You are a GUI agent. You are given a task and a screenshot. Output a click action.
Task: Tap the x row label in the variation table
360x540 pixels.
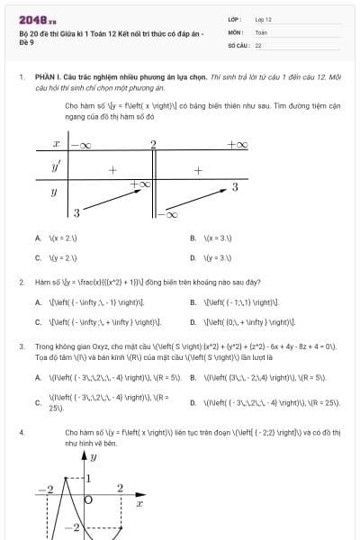56,144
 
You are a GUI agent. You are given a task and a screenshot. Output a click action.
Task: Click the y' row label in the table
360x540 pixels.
56,167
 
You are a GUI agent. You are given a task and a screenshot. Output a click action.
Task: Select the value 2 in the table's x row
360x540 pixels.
153,144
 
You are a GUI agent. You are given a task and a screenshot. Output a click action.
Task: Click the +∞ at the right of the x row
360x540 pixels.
237,144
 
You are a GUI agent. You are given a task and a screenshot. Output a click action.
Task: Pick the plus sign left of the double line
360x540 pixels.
112,169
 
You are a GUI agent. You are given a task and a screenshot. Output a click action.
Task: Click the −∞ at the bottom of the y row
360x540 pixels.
168,214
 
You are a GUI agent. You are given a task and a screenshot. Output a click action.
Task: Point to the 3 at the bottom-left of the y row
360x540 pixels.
76,212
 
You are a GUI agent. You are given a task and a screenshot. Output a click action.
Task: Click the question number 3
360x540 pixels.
21,346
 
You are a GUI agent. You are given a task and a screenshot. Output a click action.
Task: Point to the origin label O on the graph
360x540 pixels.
88,498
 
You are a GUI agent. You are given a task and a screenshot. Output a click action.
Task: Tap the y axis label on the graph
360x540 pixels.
93,457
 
